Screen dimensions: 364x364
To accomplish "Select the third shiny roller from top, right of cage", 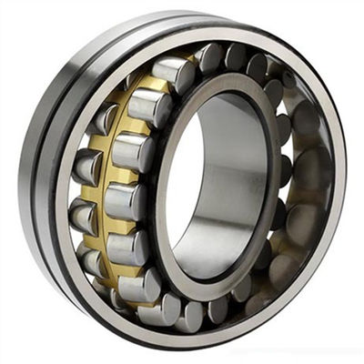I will pyautogui.click(x=132, y=150).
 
